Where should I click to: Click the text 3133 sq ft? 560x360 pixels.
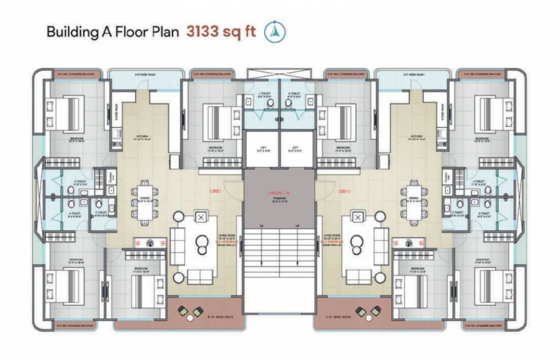tap(221, 32)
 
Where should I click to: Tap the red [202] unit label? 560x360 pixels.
tap(215, 191)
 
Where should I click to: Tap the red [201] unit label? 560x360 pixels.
tap(345, 191)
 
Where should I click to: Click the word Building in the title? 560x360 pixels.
tap(67, 32)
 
